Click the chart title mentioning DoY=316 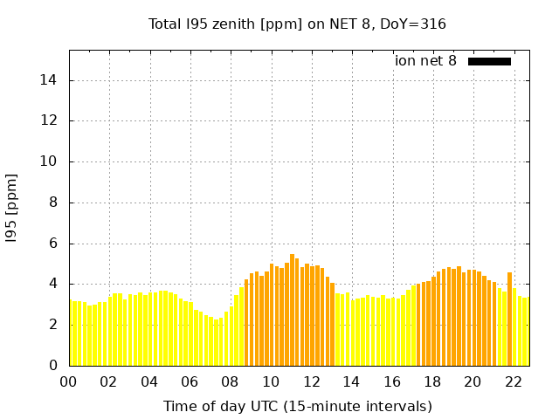click(297, 24)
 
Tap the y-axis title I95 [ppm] click(12, 208)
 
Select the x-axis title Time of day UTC click(297, 406)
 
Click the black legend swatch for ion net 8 click(489, 61)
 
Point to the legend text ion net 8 click(425, 61)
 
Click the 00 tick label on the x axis click(69, 381)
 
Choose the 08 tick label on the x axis click(231, 381)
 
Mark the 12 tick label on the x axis click(311, 381)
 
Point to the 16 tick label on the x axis click(392, 381)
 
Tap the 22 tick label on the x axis click(514, 381)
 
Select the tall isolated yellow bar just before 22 click(509, 319)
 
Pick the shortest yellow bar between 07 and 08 click(216, 343)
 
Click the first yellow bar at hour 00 click(72, 333)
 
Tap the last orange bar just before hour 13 click(332, 323)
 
